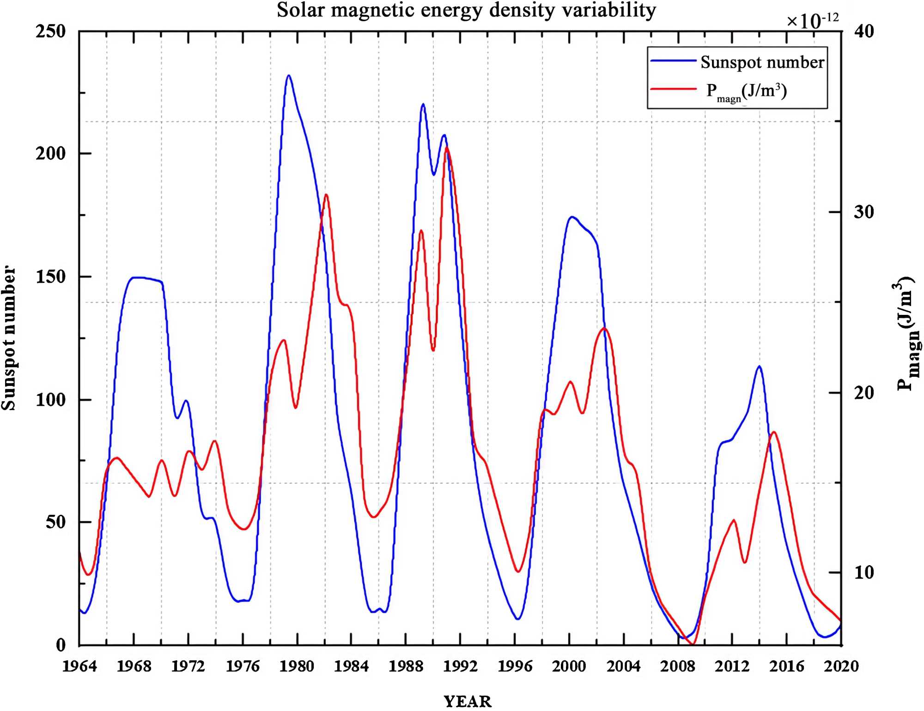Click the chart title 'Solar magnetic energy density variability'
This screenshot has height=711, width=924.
coord(466,10)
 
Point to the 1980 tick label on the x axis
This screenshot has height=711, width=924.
coord(297,666)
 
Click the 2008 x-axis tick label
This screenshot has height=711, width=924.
coord(677,666)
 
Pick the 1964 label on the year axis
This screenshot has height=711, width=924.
coord(79,666)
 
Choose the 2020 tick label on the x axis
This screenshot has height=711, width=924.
coord(841,666)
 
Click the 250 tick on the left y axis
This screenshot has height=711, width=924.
coord(51,31)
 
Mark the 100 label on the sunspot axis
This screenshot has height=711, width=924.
coord(51,399)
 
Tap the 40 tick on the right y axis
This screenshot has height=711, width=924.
coord(864,31)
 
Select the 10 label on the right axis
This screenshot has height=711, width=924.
coord(864,572)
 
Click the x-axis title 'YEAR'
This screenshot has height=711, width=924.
coord(468,701)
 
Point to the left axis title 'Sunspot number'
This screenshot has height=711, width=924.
coord(9,338)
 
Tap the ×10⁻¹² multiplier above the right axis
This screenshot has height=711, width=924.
coord(812,20)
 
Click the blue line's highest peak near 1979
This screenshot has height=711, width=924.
coord(289,75)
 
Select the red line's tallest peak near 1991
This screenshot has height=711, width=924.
coord(447,148)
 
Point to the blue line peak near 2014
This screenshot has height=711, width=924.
coord(759,366)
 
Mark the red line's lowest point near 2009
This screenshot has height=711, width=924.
coord(692,644)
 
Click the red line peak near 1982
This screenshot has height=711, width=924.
coord(326,194)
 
